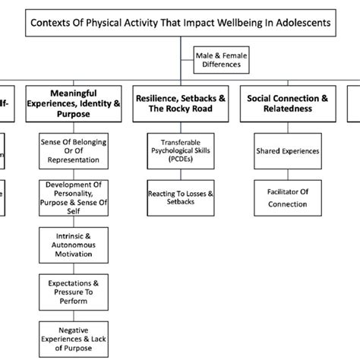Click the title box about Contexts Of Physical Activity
click(x=180, y=23)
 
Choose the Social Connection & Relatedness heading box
click(x=286, y=102)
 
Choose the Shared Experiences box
click(x=286, y=150)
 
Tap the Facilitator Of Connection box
click(x=286, y=199)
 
